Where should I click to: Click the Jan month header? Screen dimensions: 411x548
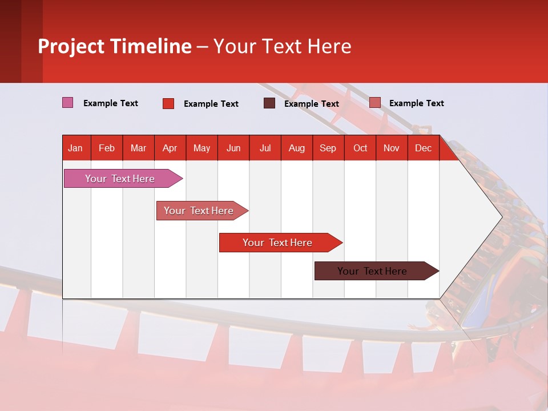pos(75,148)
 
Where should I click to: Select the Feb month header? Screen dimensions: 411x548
pos(107,148)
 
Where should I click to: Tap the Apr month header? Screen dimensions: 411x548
pos(170,148)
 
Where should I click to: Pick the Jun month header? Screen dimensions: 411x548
pos(233,148)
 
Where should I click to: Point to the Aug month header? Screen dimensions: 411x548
pos(296,148)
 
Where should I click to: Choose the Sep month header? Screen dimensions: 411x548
pos(328,148)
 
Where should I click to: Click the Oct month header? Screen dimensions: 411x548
pos(360,148)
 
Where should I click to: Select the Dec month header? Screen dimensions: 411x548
pos(423,148)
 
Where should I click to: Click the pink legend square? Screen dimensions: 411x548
pos(68,103)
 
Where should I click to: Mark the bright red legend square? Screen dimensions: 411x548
pos(168,103)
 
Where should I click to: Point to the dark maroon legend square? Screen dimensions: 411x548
pos(269,103)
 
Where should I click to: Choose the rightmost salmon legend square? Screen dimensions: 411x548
pos(374,103)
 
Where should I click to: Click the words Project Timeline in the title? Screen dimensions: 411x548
pos(115,46)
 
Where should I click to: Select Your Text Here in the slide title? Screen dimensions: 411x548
pos(282,46)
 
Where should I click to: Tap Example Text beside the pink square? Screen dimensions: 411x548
pos(111,103)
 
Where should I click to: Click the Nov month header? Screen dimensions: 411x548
pos(392,148)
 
